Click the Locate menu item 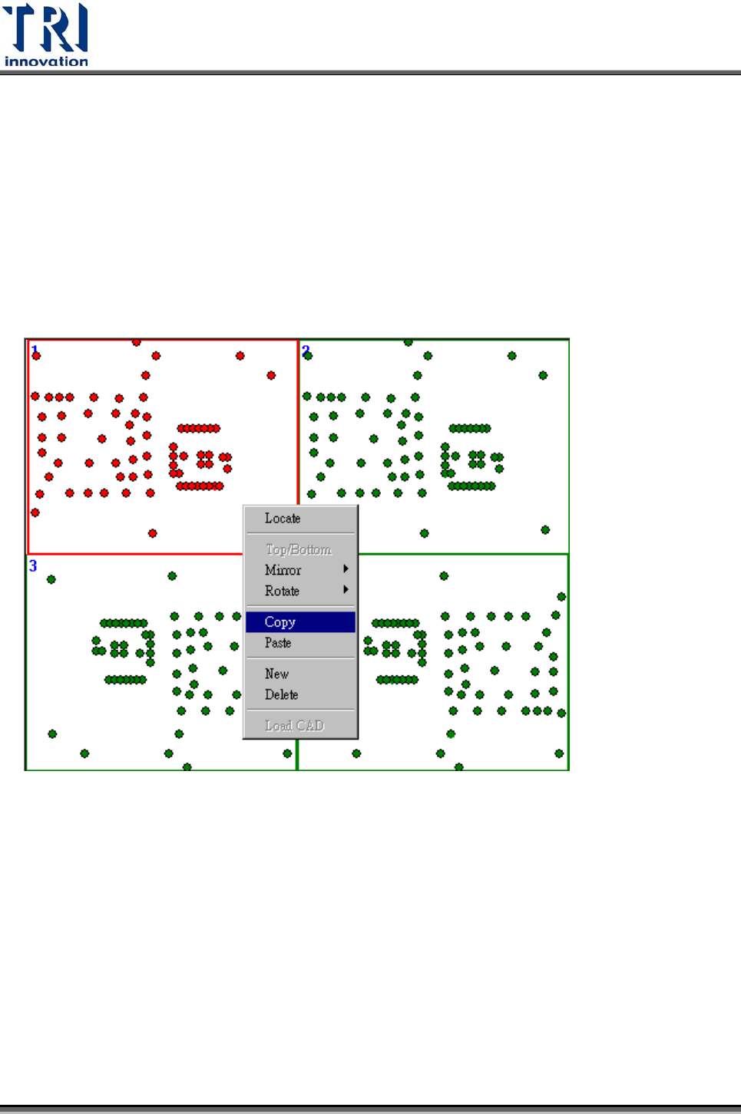pyautogui.click(x=283, y=519)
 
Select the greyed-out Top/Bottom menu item pyautogui.click(x=299, y=549)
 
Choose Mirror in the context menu pyautogui.click(x=283, y=570)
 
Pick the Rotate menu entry pyautogui.click(x=282, y=591)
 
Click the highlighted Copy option pyautogui.click(x=280, y=622)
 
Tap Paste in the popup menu pyautogui.click(x=278, y=643)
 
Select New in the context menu pyautogui.click(x=276, y=674)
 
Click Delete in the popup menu pyautogui.click(x=281, y=694)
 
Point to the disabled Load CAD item pyautogui.click(x=295, y=726)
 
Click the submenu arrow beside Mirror pyautogui.click(x=346, y=569)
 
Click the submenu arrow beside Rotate pyautogui.click(x=346, y=590)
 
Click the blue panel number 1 pyautogui.click(x=35, y=350)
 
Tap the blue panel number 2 pyautogui.click(x=306, y=350)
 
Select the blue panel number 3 pyautogui.click(x=33, y=565)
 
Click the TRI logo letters pyautogui.click(x=46, y=28)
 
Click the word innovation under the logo pyautogui.click(x=46, y=61)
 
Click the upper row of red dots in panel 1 pyautogui.click(x=199, y=428)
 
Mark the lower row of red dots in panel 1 pyautogui.click(x=200, y=486)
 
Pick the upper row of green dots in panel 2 pyautogui.click(x=470, y=428)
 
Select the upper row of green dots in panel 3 pyautogui.click(x=124, y=623)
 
